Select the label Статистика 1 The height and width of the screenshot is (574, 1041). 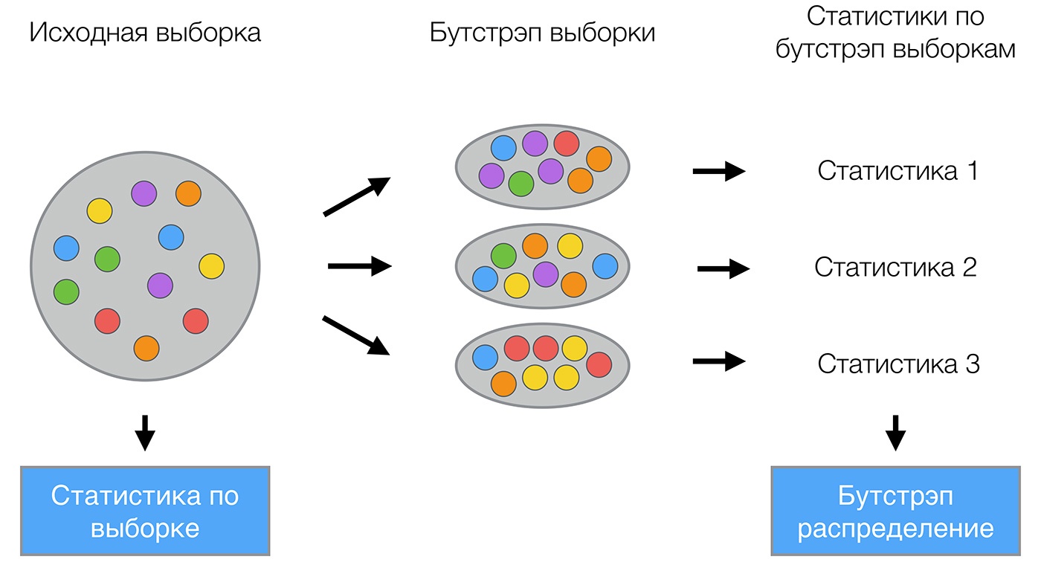pyautogui.click(x=897, y=171)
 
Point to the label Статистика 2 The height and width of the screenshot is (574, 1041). pyautogui.click(x=895, y=267)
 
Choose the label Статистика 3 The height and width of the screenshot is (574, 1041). pyautogui.click(x=898, y=364)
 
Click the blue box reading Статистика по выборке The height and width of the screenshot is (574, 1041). pyautogui.click(x=145, y=511)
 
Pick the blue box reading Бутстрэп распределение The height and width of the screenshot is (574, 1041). pyautogui.click(x=895, y=511)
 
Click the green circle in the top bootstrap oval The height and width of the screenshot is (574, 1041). pyautogui.click(x=521, y=184)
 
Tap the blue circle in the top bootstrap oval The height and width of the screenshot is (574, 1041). pyautogui.click(x=503, y=147)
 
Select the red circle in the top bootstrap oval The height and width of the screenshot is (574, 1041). pyautogui.click(x=567, y=143)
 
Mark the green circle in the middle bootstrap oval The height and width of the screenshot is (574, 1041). pyautogui.click(x=503, y=255)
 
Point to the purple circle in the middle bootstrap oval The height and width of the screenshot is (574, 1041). pyautogui.click(x=546, y=274)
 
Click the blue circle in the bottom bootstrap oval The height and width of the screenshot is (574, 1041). pyautogui.click(x=486, y=357)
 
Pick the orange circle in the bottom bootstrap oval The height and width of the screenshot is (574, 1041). pyautogui.click(x=503, y=383)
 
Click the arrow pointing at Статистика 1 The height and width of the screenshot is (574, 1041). pyautogui.click(x=718, y=172)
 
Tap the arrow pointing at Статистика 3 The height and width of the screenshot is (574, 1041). pyautogui.click(x=718, y=362)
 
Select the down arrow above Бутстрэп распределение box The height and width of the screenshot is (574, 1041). pyautogui.click(x=896, y=432)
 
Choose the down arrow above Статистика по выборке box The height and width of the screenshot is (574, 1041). pyautogui.click(x=145, y=432)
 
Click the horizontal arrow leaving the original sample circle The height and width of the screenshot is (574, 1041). pyautogui.click(x=359, y=265)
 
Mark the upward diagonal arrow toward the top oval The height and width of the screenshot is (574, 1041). pyautogui.click(x=357, y=197)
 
